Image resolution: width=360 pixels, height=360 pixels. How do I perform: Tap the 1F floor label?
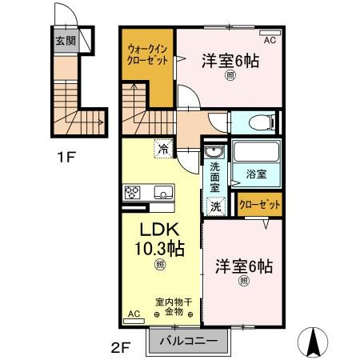[x=66, y=157]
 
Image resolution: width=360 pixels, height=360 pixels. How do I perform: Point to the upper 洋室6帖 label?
[x=230, y=60]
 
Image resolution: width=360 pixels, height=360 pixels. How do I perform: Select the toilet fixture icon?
[x=258, y=122]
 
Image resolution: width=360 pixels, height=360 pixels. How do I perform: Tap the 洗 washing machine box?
[x=215, y=205]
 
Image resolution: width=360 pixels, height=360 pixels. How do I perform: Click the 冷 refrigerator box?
[x=163, y=148]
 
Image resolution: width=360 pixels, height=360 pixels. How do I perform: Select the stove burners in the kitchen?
[x=133, y=193]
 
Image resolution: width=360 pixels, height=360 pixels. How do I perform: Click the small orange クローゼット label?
[x=260, y=205]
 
